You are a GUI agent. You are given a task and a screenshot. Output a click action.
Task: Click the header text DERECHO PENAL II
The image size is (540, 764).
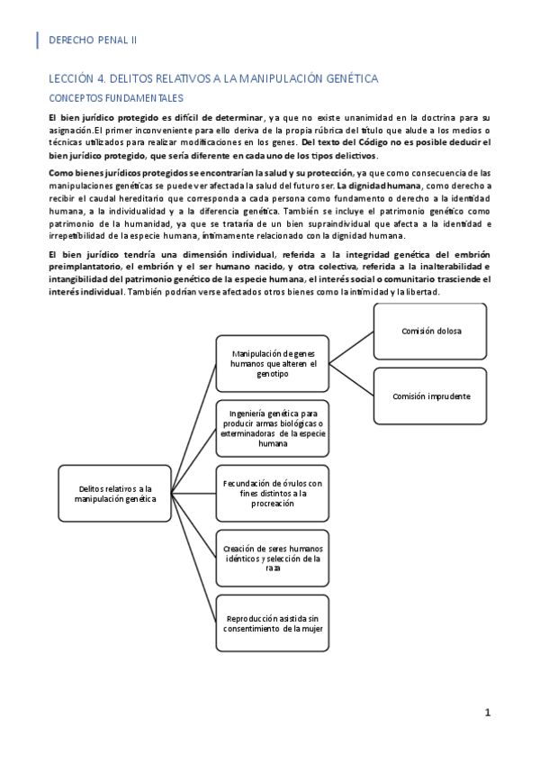(x=92, y=40)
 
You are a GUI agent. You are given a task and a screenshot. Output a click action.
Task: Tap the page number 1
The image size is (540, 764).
(x=488, y=713)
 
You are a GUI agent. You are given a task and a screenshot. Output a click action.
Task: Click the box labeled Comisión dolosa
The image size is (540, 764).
(x=430, y=332)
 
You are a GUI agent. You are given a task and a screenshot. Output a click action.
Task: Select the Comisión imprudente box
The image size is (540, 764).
(x=430, y=396)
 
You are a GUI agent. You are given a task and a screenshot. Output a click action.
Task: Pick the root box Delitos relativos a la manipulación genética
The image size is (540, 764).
(x=115, y=493)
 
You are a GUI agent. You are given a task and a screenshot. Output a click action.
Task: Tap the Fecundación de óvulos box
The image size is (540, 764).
(x=272, y=493)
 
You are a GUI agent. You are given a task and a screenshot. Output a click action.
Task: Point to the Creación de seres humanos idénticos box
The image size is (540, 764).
(x=272, y=558)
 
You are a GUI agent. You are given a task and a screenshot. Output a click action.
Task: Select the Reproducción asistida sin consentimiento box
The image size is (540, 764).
(x=272, y=623)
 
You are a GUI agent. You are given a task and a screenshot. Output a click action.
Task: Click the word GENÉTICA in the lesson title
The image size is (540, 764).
(x=347, y=79)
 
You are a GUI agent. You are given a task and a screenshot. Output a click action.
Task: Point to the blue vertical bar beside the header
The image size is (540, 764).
(x=38, y=40)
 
